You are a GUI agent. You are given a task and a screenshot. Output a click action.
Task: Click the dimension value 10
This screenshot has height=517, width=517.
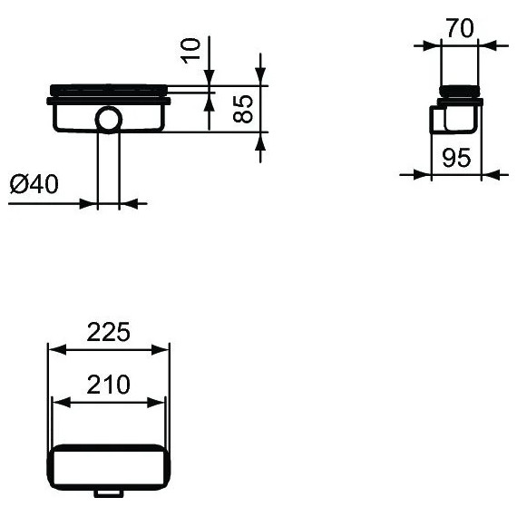(190, 51)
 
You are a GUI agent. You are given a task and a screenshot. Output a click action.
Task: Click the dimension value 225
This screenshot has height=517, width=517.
(108, 332)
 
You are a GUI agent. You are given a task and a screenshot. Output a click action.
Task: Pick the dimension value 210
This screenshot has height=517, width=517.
(108, 385)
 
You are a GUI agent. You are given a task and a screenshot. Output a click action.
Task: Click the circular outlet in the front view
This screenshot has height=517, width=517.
(108, 119)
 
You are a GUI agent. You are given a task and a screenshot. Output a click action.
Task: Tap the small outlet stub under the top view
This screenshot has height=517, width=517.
(108, 493)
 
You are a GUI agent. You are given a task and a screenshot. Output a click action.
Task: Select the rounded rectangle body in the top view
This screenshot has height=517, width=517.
(108, 465)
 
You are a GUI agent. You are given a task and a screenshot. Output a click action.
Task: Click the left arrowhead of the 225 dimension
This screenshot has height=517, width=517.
(54, 348)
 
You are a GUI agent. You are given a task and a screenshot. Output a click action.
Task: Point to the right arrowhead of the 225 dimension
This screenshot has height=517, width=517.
(163, 348)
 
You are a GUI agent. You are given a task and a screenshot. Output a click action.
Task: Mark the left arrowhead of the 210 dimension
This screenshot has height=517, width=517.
(58, 402)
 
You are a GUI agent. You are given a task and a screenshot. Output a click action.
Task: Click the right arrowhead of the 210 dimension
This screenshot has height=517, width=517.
(159, 402)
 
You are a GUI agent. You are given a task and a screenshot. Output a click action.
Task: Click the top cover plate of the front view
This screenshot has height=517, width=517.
(108, 89)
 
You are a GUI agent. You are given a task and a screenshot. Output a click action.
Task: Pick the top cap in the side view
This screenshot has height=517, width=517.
(461, 90)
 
